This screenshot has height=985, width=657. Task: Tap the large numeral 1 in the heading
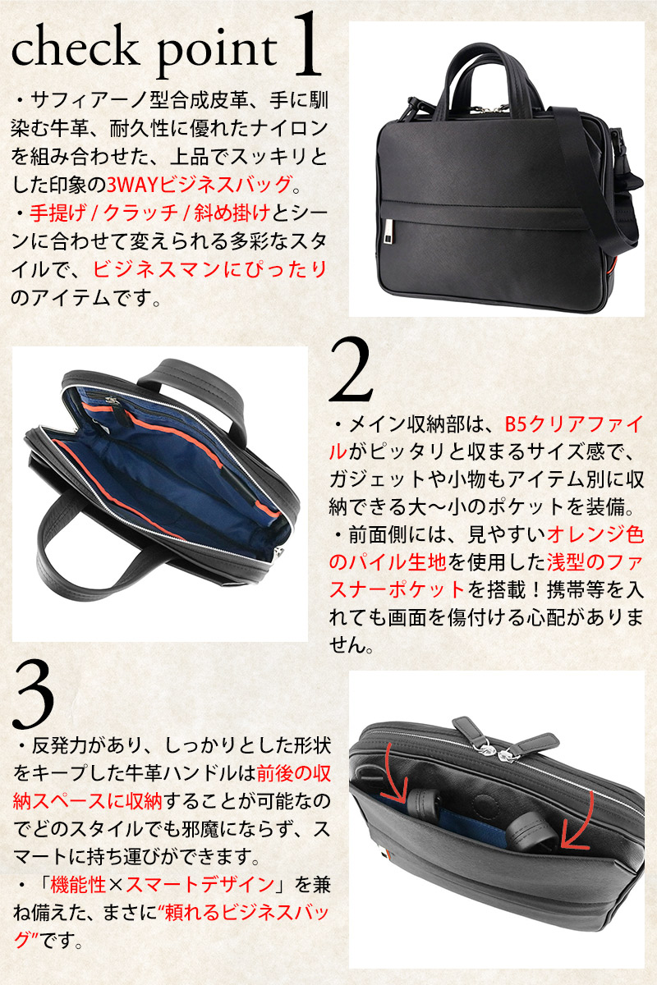click(x=306, y=44)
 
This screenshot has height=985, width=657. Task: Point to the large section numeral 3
click(x=34, y=695)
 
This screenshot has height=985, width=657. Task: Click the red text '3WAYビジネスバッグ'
click(x=200, y=184)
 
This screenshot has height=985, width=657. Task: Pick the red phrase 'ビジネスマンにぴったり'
click(x=209, y=269)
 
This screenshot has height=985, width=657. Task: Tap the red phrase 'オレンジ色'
click(x=595, y=534)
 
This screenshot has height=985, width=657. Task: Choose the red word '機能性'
click(x=78, y=884)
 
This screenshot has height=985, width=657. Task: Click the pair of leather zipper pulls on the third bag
click(x=505, y=735)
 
